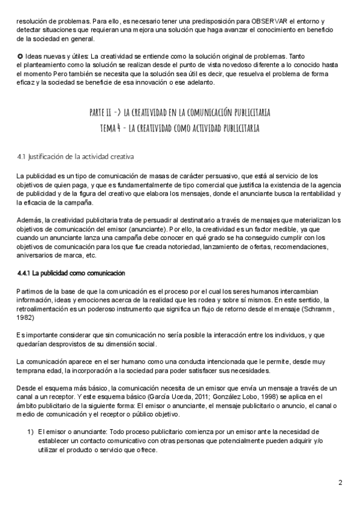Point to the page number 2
point(340,483)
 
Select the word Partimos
point(30,291)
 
